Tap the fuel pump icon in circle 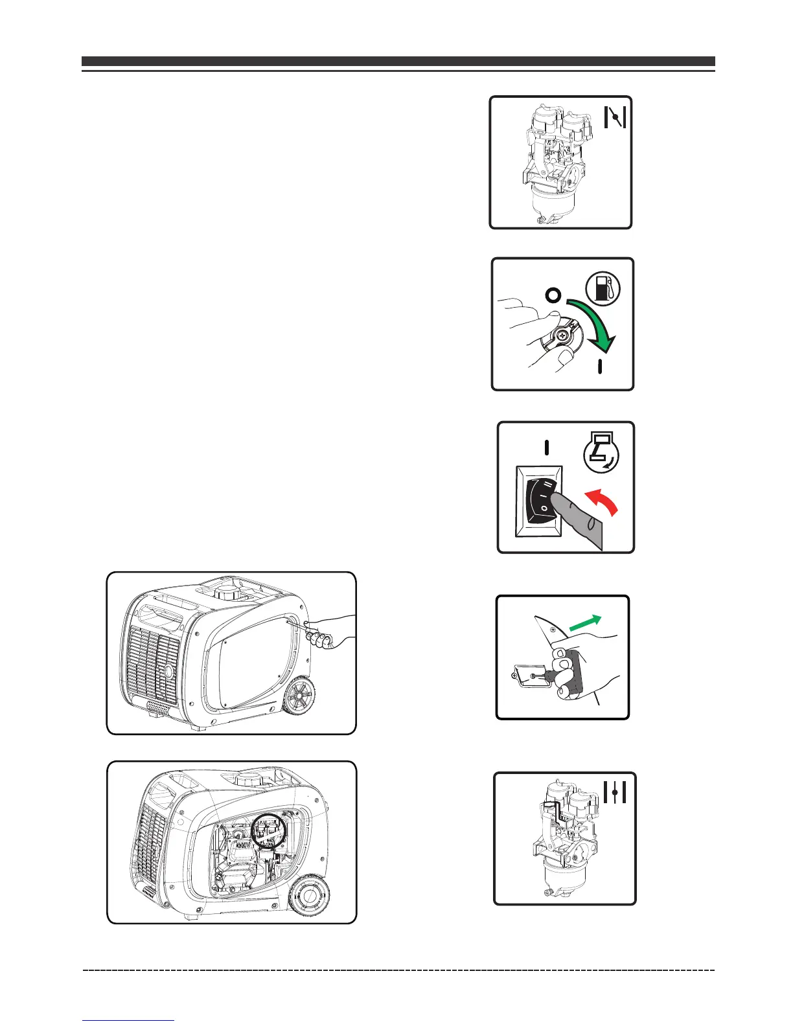[x=603, y=289]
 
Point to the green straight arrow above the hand [x=584, y=624]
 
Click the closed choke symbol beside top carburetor [x=614, y=117]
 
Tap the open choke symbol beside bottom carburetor [x=614, y=792]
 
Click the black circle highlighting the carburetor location [x=269, y=830]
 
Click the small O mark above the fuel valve [x=552, y=296]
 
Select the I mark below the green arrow [x=600, y=367]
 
